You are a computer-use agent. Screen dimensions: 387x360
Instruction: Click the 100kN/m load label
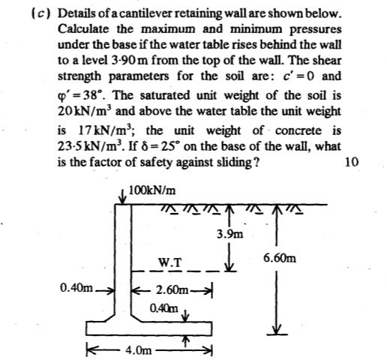[x=152, y=190]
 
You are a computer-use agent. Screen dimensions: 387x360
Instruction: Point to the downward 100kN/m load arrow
[x=122, y=197]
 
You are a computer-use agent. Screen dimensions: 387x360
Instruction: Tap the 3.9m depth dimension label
[x=229, y=235]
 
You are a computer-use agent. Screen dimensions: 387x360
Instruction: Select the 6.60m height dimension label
[x=280, y=258]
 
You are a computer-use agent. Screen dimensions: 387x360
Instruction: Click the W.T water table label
[x=170, y=262]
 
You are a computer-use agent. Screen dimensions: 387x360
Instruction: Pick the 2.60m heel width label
[x=172, y=290]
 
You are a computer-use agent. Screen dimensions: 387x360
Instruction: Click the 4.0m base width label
[x=139, y=351]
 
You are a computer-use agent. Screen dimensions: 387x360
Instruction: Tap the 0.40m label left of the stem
[x=76, y=288]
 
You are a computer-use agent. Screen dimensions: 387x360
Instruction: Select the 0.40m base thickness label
[x=164, y=308]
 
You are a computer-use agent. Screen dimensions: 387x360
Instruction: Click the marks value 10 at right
[x=352, y=162]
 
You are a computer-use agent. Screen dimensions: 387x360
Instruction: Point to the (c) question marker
[x=40, y=13]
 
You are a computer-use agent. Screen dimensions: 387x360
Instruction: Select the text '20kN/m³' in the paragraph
[x=84, y=111]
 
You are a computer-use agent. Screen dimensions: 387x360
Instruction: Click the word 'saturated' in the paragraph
[x=165, y=95]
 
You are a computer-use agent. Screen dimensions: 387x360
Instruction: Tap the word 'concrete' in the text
[x=298, y=130]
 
